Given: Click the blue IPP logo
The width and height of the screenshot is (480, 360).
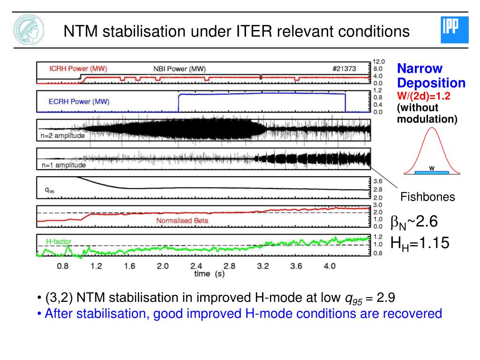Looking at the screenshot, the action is (455, 30).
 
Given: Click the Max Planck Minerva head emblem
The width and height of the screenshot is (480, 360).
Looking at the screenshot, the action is (29, 30).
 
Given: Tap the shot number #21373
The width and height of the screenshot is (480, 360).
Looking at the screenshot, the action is (344, 68).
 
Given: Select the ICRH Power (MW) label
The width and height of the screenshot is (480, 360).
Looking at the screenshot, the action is (78, 68).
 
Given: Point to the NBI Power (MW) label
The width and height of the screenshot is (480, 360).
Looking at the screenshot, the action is (180, 69).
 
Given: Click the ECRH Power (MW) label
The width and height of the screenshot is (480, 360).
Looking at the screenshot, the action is (79, 102).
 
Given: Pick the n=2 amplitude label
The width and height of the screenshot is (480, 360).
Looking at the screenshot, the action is (63, 135).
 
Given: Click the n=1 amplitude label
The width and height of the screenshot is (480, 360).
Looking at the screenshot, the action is (64, 165).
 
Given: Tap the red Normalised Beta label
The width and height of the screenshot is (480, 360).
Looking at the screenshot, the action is (182, 220).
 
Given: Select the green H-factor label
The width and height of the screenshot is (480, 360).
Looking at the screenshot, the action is (59, 241).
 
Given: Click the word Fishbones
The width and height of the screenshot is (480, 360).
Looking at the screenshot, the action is (427, 197).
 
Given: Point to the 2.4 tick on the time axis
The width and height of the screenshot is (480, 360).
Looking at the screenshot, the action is (196, 266).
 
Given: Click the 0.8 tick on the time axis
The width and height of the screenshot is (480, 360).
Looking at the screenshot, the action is (63, 266).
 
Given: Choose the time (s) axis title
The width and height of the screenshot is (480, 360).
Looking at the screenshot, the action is (210, 274).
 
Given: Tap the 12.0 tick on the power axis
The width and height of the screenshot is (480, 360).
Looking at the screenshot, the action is (379, 61).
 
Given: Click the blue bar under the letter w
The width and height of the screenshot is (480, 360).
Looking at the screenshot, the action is (432, 172).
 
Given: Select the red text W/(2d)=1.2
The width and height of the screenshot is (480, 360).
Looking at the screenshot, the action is (424, 96).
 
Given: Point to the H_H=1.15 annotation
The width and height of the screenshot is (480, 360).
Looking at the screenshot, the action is (420, 243).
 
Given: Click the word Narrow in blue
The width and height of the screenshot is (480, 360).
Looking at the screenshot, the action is (420, 68).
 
